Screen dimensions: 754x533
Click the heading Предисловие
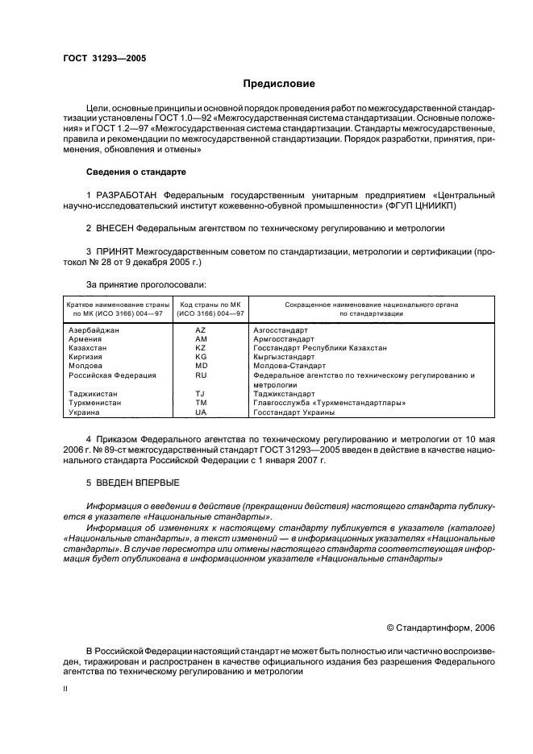tap(280, 84)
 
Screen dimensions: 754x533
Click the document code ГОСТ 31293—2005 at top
tap(105, 59)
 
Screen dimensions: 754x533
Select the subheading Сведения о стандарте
tap(135, 172)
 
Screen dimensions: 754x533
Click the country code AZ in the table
tap(202, 331)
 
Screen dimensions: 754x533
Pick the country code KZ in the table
tap(202, 348)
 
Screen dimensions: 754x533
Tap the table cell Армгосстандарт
tap(284, 340)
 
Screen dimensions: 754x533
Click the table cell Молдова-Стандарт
tap(287, 366)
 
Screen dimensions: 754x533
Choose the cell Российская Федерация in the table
tap(112, 375)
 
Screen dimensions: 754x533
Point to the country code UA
tap(202, 412)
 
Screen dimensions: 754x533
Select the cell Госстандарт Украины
tap(294, 412)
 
